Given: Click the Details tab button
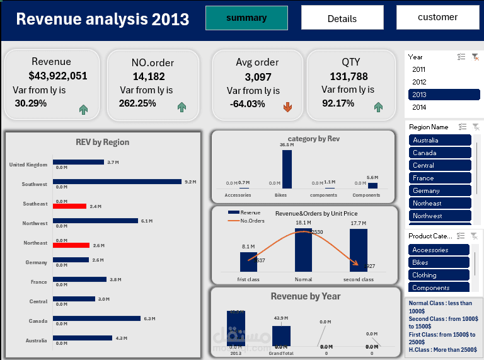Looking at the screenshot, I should (x=342, y=18).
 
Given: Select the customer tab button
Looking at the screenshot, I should (x=437, y=18).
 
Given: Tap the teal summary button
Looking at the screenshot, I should (x=246, y=18).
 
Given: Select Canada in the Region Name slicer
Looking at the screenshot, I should (x=440, y=153).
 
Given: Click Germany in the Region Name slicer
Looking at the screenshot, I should (x=440, y=190).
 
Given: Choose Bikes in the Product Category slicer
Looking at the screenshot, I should (x=439, y=262).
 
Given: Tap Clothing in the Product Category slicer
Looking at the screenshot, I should (x=439, y=275).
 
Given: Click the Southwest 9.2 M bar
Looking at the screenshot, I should (x=117, y=182).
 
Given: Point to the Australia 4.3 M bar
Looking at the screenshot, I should (x=83, y=338).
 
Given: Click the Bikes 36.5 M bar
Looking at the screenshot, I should (x=287, y=169).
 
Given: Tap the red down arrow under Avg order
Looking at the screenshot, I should (x=288, y=108).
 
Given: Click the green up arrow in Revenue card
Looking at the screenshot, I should (x=83, y=110).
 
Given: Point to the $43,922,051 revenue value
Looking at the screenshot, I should (x=58, y=76).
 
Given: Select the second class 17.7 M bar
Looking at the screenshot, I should (x=359, y=250).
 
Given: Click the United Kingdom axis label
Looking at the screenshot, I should (x=28, y=165).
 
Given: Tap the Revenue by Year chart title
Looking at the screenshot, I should (x=305, y=296).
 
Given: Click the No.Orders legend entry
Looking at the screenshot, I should (x=252, y=221).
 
